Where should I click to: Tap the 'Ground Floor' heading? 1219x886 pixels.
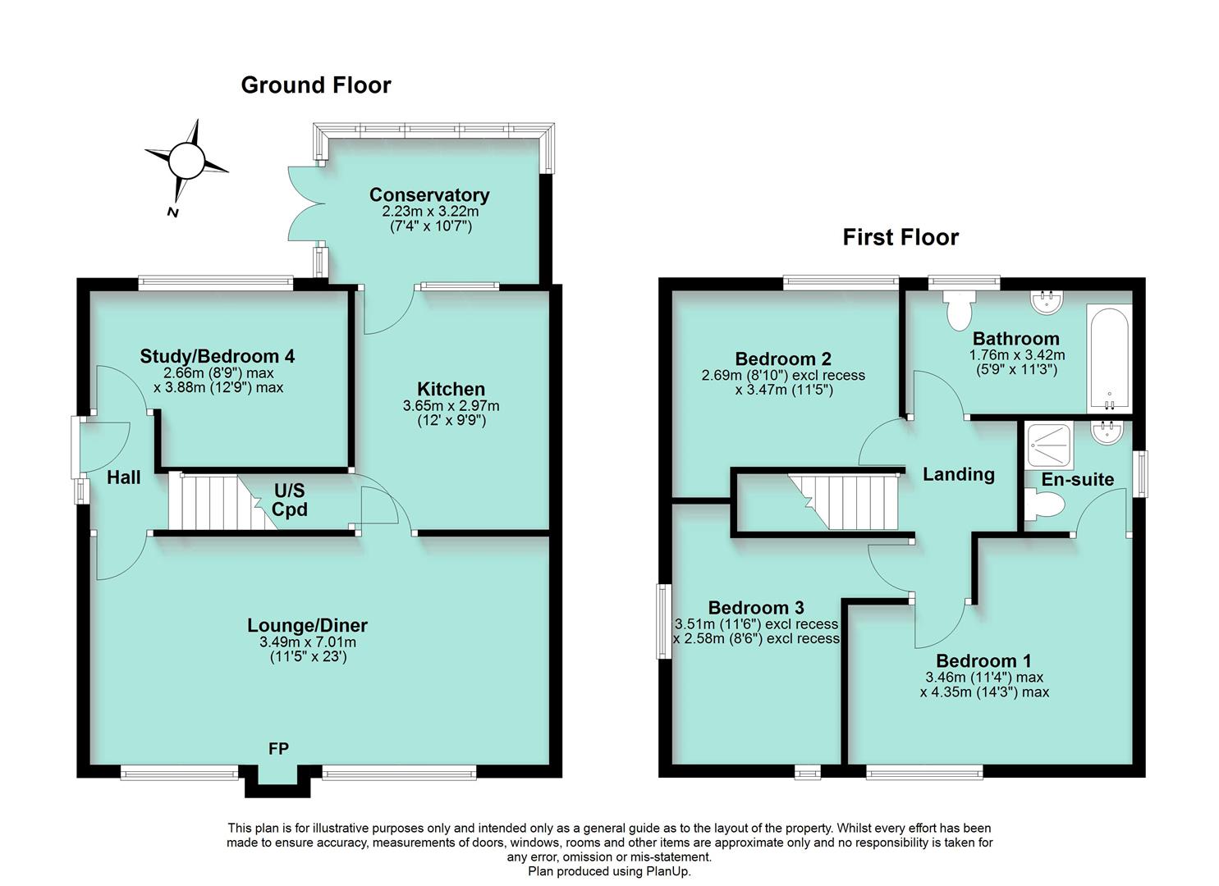[x=315, y=85]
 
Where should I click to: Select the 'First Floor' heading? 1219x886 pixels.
[x=901, y=237]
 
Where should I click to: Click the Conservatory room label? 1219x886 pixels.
[x=429, y=195]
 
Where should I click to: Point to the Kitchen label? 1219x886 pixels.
[x=451, y=389]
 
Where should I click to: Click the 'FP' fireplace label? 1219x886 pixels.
[x=278, y=748]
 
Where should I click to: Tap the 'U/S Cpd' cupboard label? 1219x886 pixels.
[x=289, y=500]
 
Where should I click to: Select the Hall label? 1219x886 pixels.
[x=124, y=477]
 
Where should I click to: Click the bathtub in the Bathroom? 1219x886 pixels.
[x=1108, y=359]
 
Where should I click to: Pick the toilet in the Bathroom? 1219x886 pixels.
[x=958, y=312]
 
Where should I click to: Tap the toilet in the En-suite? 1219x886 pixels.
[x=1045, y=505]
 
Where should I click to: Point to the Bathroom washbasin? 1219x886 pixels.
[x=1046, y=302]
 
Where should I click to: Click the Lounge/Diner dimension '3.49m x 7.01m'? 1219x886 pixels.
[x=308, y=642]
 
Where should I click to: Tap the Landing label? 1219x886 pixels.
[x=958, y=474]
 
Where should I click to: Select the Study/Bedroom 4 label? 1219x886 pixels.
[x=218, y=356]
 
